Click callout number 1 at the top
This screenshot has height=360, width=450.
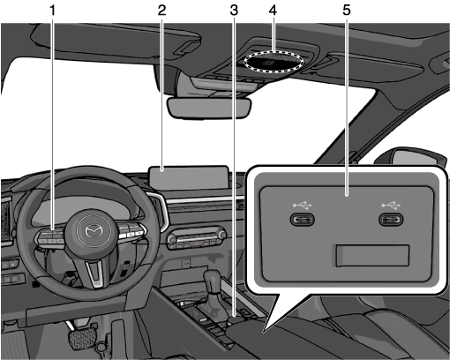click(x=52, y=11)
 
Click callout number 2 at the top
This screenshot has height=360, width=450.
click(x=161, y=11)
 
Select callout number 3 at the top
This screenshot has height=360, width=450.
click(x=234, y=11)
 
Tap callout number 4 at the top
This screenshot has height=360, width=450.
click(x=273, y=11)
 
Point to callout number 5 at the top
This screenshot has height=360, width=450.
click(x=347, y=11)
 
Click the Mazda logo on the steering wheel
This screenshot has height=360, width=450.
click(x=93, y=230)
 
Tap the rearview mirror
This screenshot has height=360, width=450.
click(x=209, y=109)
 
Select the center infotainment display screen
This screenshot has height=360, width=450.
click(x=189, y=177)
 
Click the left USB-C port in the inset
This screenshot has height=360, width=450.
click(x=303, y=220)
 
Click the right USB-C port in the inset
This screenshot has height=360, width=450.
click(x=391, y=220)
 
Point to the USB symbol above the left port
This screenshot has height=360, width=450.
click(x=303, y=205)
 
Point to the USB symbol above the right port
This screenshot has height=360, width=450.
click(x=391, y=205)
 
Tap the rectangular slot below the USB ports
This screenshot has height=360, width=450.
click(x=372, y=256)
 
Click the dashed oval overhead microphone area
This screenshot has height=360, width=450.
click(x=274, y=62)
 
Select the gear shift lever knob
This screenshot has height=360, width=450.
click(x=213, y=281)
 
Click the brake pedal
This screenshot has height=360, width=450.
click(x=83, y=337)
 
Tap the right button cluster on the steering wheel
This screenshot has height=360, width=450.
click(x=131, y=231)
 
